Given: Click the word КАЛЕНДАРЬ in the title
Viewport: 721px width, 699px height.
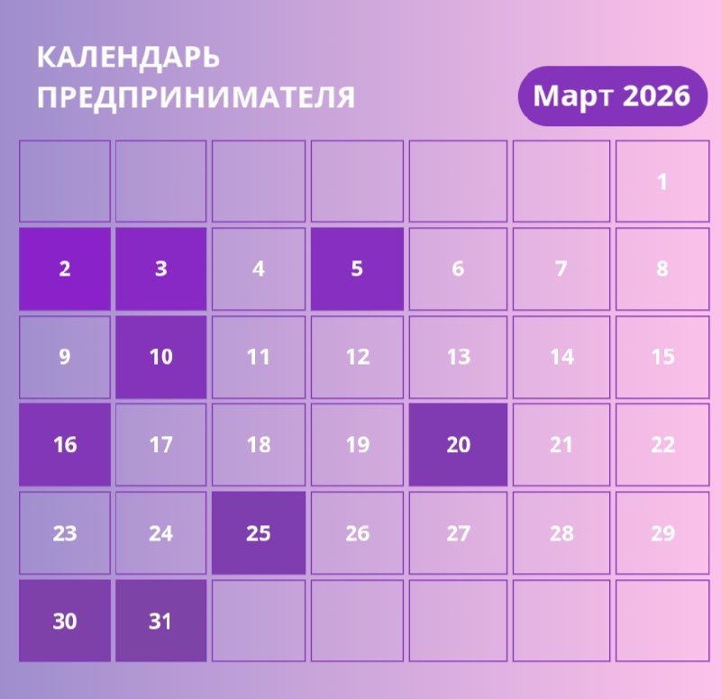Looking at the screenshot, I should tap(129, 58).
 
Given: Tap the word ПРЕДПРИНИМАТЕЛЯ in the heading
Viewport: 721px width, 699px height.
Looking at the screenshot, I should tap(196, 97).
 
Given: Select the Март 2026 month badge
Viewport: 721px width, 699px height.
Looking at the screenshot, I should tap(611, 95).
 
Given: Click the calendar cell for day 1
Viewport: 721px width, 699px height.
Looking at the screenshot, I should tap(662, 181).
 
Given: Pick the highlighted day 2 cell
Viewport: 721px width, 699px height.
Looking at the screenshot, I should tap(65, 268).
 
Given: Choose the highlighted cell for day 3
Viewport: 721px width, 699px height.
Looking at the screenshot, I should tap(160, 268).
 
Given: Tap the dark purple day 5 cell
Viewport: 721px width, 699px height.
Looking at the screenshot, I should tap(357, 268).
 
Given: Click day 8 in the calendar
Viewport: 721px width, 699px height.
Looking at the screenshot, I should tap(662, 268).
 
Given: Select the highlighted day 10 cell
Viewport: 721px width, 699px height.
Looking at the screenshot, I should tap(160, 357).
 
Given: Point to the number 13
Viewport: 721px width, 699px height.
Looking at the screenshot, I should tap(458, 357).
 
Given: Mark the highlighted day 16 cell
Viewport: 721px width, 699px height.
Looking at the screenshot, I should tap(65, 445).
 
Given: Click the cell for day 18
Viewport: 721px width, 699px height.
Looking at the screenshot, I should tap(259, 445).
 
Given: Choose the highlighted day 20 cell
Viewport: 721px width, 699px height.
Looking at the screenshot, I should tap(458, 445).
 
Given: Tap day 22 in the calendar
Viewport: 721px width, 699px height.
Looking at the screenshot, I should tap(662, 445).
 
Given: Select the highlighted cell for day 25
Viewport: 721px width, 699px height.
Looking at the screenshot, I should tap(259, 533).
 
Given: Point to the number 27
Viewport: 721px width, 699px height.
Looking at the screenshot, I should tap(458, 533).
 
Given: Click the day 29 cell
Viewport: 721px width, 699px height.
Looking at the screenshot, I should tap(662, 533).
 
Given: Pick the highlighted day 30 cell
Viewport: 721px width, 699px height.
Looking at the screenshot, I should tap(65, 621).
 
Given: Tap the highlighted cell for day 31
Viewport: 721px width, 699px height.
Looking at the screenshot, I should tap(160, 621).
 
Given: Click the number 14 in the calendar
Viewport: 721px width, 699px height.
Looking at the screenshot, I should tap(561, 357).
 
